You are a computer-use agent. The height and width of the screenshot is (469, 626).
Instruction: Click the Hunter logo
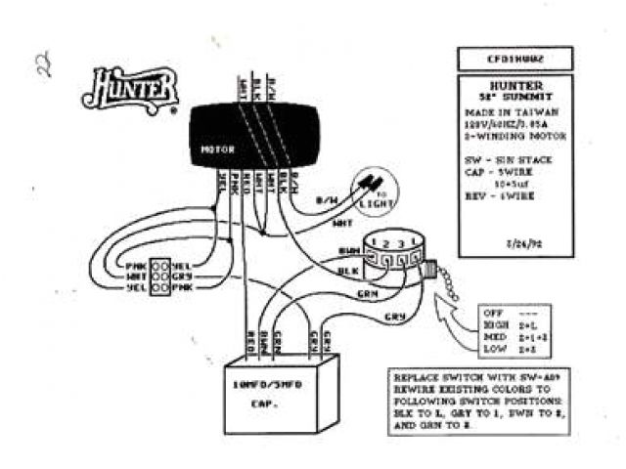click(x=135, y=88)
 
